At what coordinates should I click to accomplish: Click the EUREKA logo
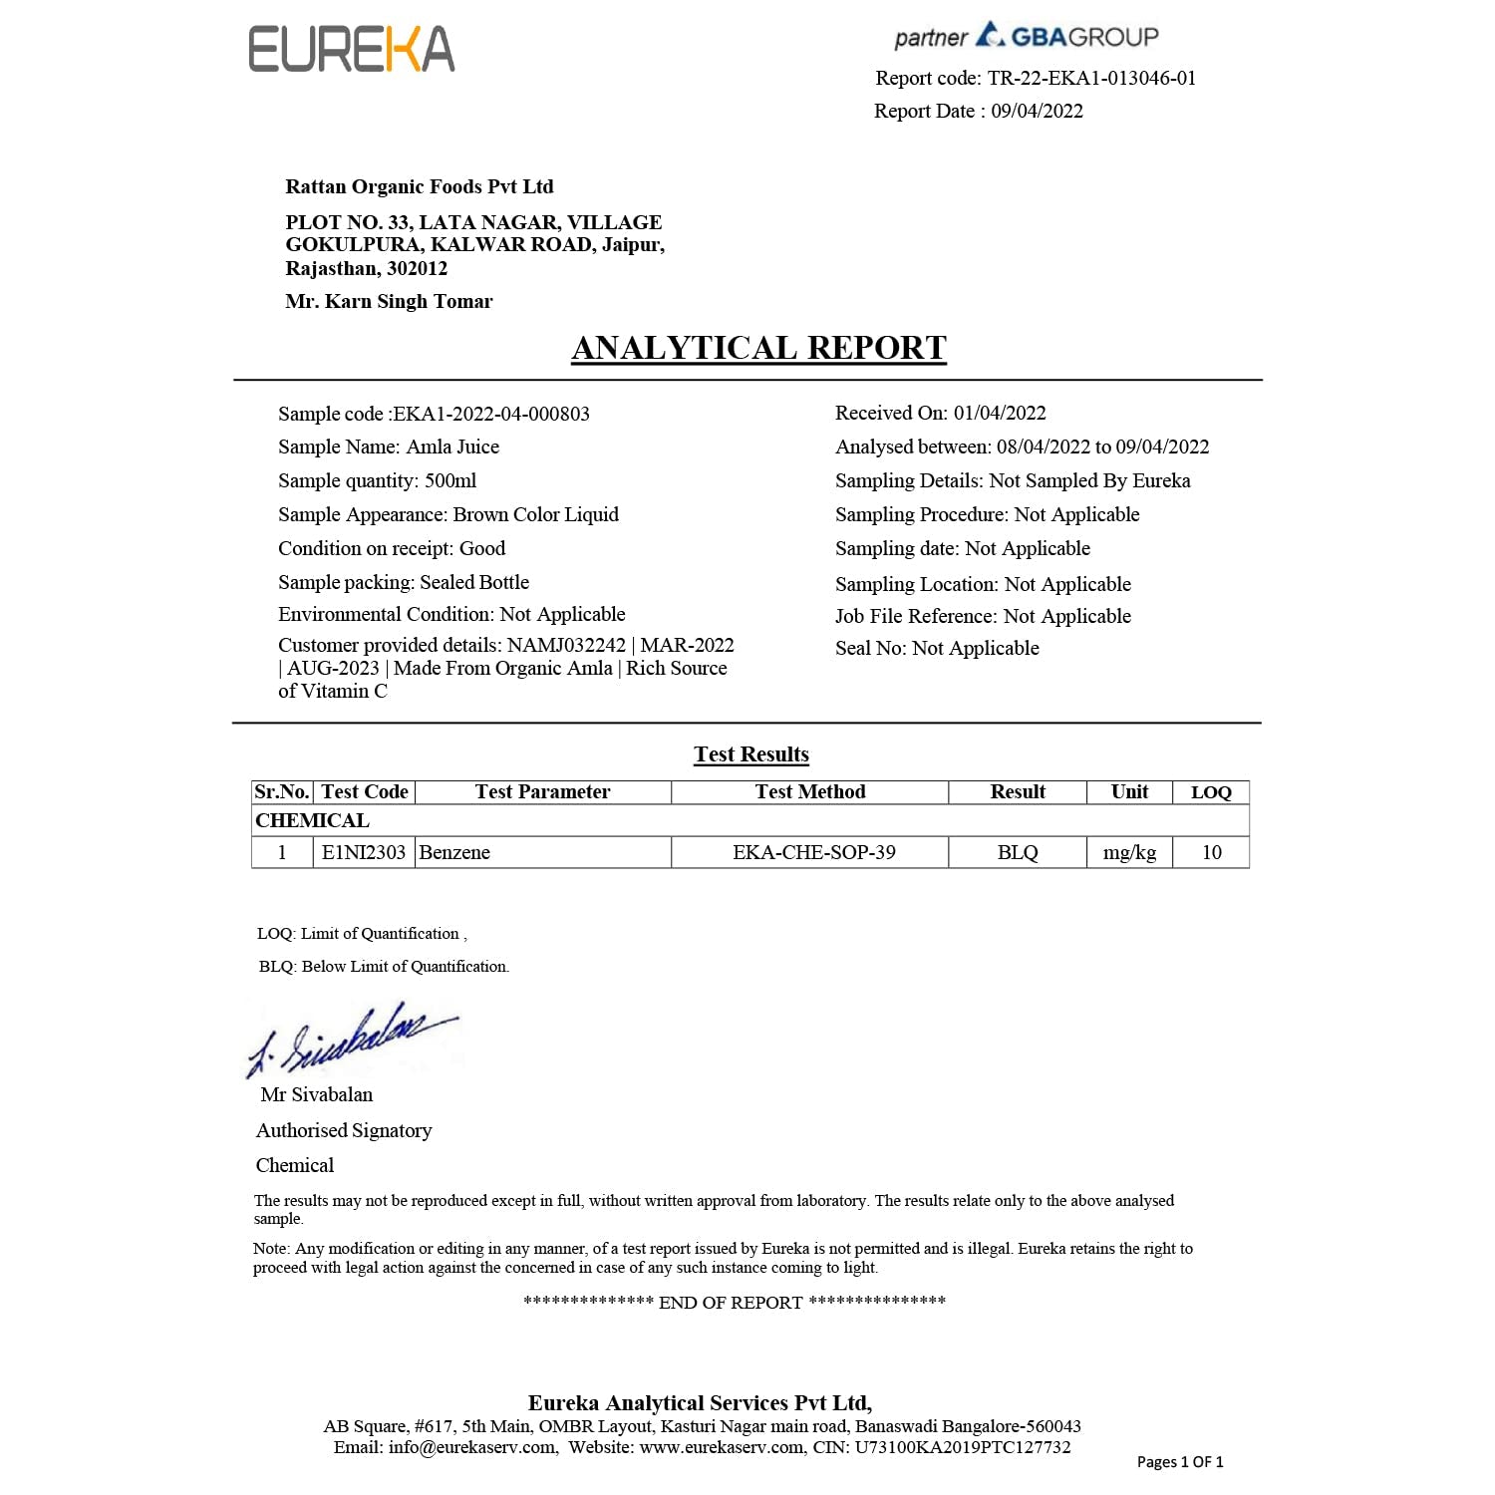pos(351,50)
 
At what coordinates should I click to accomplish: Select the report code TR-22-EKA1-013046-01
pos(1091,78)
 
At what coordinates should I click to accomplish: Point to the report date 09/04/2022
pos(1037,111)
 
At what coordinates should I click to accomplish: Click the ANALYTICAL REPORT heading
pos(758,348)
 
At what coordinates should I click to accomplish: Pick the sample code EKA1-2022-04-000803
pos(491,414)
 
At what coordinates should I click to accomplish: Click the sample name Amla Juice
pos(452,448)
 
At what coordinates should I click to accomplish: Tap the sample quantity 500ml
pos(450,481)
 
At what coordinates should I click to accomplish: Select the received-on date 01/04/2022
pos(1000,413)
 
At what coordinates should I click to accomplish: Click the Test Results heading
pos(751,754)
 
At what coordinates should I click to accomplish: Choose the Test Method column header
pos(809,792)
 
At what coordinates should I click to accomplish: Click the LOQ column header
pos(1211,792)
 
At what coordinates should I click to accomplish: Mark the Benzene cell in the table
pos(454,852)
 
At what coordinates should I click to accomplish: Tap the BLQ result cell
pos(1018,852)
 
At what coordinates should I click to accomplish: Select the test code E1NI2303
pos(364,852)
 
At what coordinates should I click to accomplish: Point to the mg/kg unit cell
pos(1129,852)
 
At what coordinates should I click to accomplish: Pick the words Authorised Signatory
pos(344,1130)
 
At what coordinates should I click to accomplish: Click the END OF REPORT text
pos(731,1303)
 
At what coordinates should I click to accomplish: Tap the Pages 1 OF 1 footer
pos(1180,1462)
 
